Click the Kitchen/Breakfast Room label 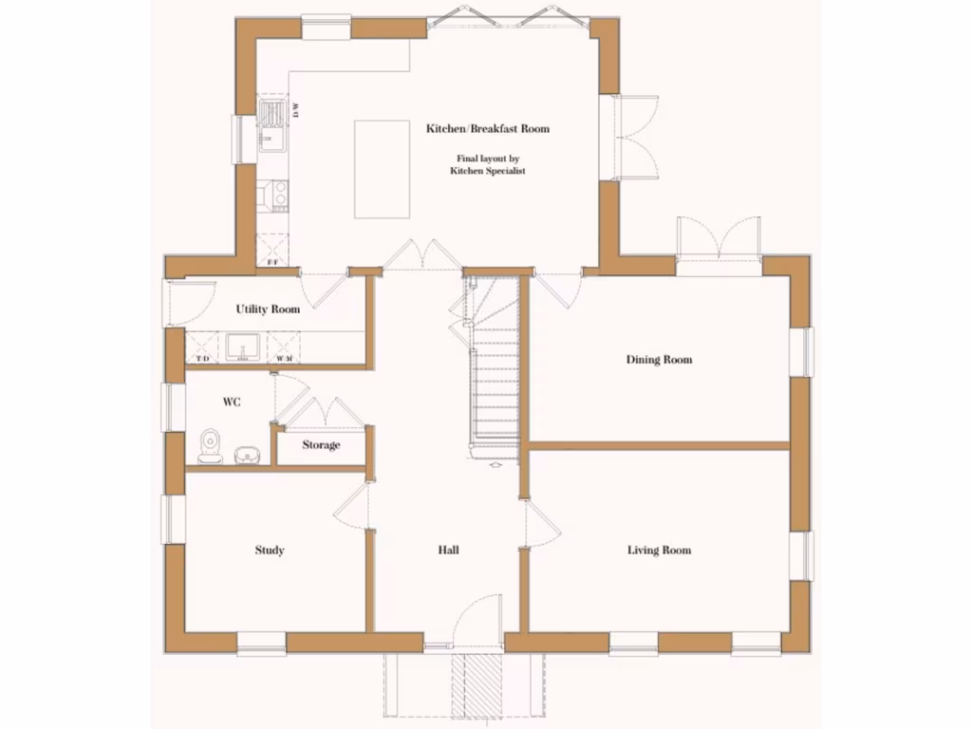click(x=487, y=128)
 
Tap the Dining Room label click(x=659, y=360)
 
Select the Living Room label click(x=659, y=551)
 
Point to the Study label click(x=270, y=551)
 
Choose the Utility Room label click(x=268, y=309)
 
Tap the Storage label click(x=321, y=445)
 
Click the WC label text click(x=232, y=402)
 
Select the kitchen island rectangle click(x=382, y=169)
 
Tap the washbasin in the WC click(x=247, y=455)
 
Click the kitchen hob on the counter click(x=279, y=195)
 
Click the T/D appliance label click(x=202, y=359)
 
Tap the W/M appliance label click(x=282, y=359)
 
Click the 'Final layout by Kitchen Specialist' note click(x=487, y=165)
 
